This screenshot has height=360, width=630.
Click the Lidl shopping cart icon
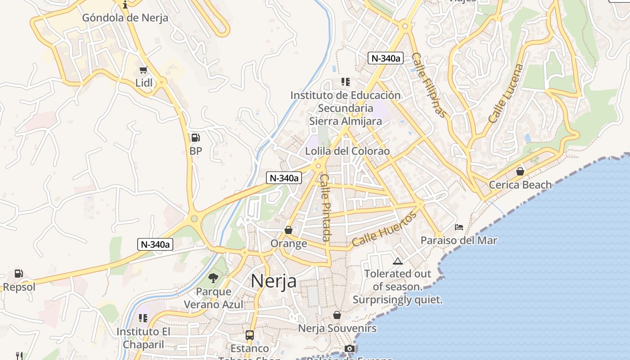coord(144,70)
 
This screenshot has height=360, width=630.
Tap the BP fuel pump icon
coord(195,138)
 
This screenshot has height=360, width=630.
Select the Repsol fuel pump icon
coord(18,273)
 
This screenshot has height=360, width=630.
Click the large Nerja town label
coord(274,281)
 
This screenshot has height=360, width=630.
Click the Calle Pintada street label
coord(325,207)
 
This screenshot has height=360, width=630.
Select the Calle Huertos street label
coord(384,230)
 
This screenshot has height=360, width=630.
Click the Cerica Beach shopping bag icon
coord(520,171)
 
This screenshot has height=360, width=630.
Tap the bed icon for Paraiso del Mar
coord(459,227)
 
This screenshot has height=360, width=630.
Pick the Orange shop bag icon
coord(288,230)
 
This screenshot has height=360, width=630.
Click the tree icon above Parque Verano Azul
coord(213,278)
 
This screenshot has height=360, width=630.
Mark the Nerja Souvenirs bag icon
coord(337,315)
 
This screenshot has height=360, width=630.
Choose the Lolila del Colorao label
coord(347,151)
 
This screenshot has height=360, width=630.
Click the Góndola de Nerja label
coord(125,18)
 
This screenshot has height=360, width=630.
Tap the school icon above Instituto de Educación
coord(345,82)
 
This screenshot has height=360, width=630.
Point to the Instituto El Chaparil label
coord(143,338)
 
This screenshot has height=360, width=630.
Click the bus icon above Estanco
coord(250,335)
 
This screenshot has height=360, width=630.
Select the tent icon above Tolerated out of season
coord(397,261)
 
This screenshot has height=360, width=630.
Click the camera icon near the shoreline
coord(349,348)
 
